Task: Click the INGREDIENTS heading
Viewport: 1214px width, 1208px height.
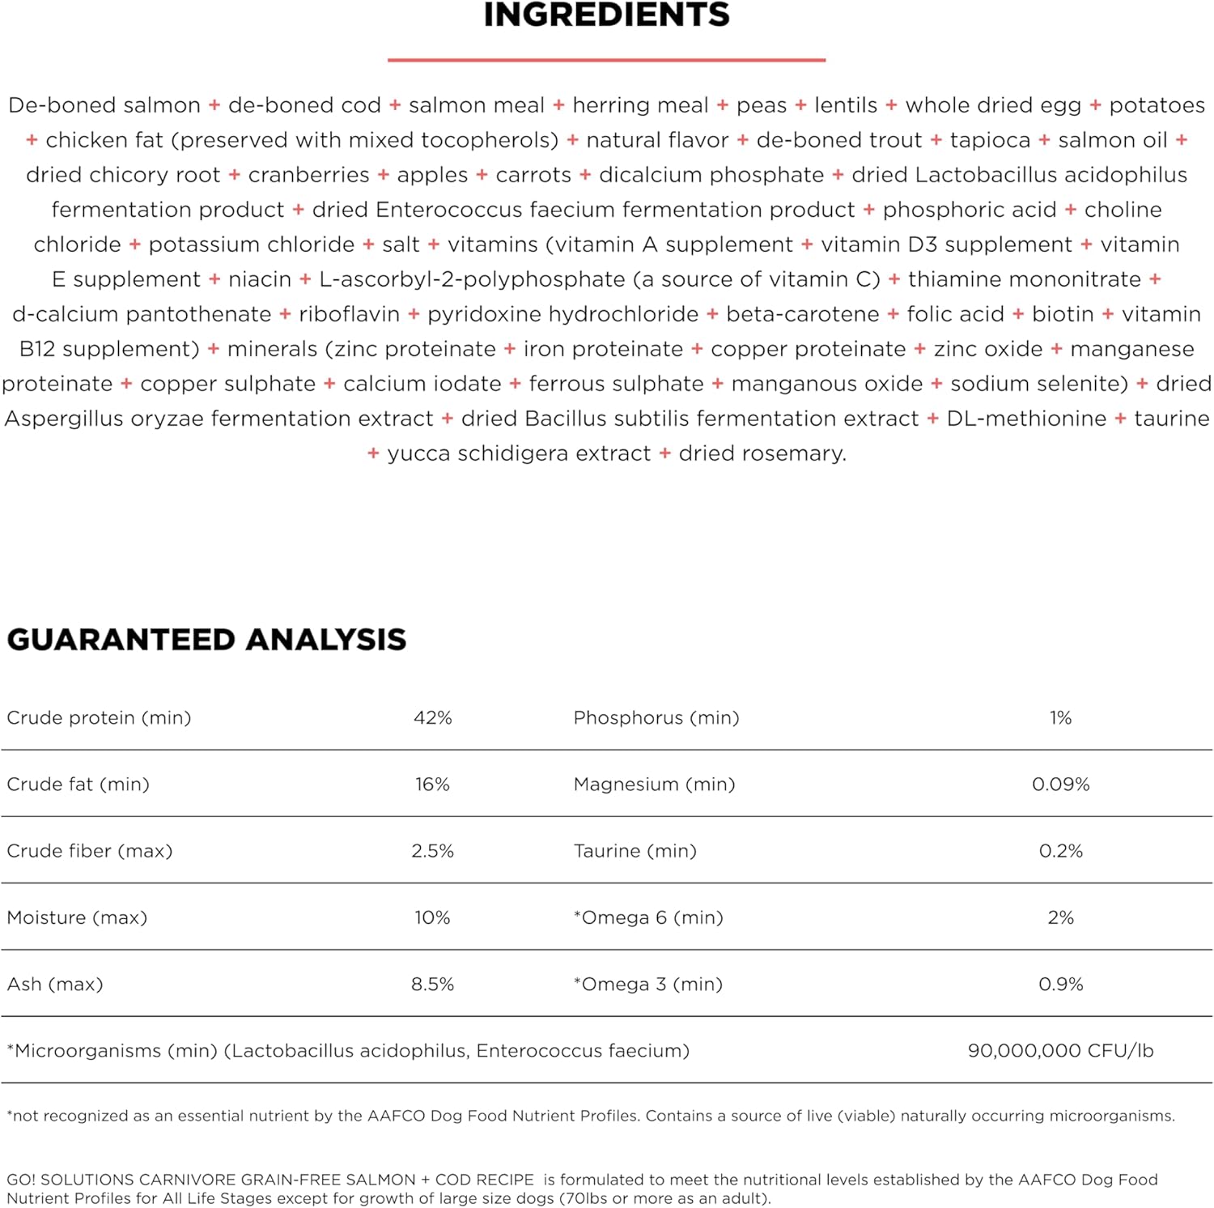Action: tap(606, 15)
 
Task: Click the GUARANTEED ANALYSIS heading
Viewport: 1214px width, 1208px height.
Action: tap(206, 640)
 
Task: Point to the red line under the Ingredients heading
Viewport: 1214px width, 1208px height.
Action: tap(606, 60)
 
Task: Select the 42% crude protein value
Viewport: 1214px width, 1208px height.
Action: tap(432, 718)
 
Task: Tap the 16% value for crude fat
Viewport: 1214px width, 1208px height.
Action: tap(432, 785)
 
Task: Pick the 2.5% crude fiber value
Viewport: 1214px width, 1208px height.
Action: tap(432, 851)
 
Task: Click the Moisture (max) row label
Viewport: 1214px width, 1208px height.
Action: tap(77, 917)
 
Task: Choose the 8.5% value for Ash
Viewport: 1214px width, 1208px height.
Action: tap(432, 985)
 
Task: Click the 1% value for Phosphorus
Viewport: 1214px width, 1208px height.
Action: tap(1060, 718)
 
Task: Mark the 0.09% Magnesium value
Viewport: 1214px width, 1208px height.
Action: tap(1060, 785)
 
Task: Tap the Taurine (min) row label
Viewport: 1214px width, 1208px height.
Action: tap(635, 851)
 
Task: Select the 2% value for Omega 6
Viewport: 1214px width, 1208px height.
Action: tap(1060, 917)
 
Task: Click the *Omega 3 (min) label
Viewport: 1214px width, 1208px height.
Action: tap(647, 985)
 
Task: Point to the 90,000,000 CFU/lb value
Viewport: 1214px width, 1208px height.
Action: tap(1060, 1051)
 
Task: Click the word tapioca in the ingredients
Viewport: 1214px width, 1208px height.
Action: tap(990, 141)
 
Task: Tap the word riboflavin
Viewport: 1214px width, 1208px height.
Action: tap(349, 314)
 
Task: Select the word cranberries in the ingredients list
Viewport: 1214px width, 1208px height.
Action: tap(308, 176)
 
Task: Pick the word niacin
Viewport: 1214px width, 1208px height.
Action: tap(259, 279)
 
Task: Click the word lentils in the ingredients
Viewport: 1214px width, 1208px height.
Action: tap(846, 105)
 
